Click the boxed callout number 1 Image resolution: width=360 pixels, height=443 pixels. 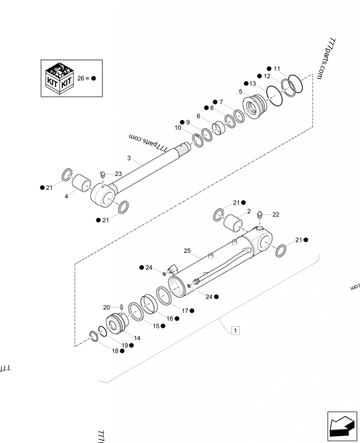235,331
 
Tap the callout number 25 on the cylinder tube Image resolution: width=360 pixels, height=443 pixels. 188,251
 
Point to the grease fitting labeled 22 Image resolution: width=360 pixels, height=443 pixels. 260,216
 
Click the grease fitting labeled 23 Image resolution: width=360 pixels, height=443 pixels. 102,173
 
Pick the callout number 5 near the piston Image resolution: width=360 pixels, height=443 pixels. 241,91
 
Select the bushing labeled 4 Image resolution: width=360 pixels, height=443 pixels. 82,183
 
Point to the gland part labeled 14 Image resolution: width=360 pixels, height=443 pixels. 118,323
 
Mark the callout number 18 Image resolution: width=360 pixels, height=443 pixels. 115,351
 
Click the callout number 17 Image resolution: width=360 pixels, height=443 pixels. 184,310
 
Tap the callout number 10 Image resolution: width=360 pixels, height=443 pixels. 178,128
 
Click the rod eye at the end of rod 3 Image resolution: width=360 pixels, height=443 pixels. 103,197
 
